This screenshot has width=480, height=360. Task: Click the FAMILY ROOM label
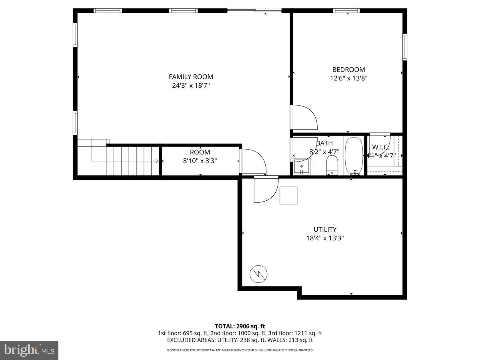(191, 77)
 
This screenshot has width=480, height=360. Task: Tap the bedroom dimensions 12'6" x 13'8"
(348, 78)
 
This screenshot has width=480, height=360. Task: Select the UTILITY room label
(325, 229)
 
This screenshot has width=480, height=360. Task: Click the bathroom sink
(302, 166)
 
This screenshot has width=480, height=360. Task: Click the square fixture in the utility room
(288, 196)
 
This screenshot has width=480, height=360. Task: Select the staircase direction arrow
(157, 161)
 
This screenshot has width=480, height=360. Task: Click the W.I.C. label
(381, 147)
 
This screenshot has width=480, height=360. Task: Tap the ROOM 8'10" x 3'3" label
(200, 156)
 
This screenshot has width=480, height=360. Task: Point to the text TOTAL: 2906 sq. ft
(240, 326)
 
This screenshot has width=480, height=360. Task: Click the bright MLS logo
(29, 350)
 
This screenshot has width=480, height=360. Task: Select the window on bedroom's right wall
(405, 47)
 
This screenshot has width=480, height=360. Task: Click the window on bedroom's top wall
(347, 11)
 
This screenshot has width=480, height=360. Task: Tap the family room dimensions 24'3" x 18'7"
(191, 85)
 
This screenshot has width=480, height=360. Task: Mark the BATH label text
(324, 143)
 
